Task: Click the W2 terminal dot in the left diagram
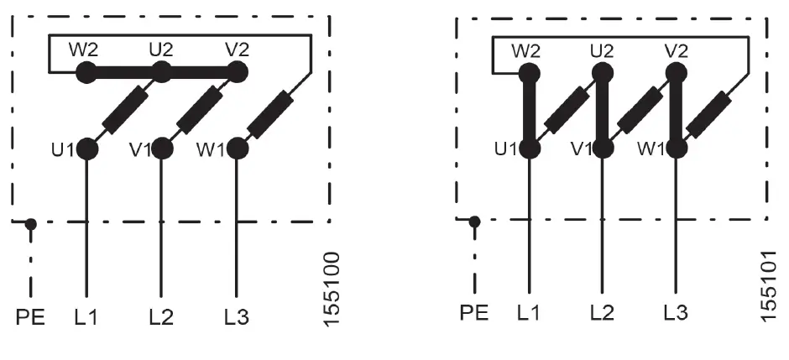(86, 73)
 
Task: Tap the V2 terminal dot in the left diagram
(238, 73)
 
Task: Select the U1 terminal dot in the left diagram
(87, 149)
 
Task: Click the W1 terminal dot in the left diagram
(238, 149)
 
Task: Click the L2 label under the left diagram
(161, 318)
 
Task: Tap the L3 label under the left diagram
(237, 318)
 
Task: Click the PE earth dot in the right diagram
(475, 222)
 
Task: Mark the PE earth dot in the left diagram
(31, 223)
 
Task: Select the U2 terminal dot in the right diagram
(602, 73)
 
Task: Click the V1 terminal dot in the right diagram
(604, 149)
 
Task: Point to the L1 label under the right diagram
(528, 315)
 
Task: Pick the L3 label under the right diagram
(676, 315)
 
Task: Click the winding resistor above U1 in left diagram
(124, 111)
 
